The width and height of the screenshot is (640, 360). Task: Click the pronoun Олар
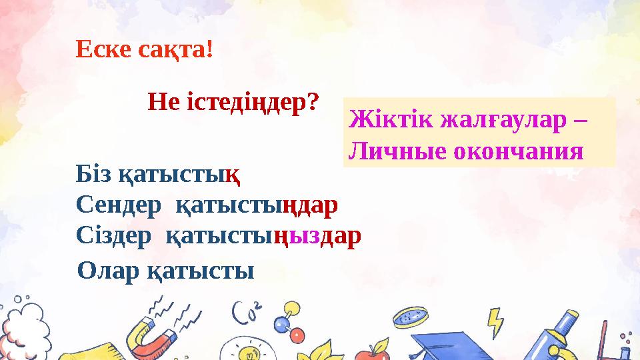[106, 271]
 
